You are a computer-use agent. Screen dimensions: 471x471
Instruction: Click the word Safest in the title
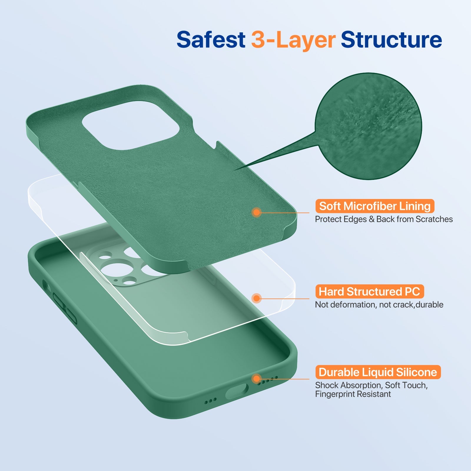point(211,40)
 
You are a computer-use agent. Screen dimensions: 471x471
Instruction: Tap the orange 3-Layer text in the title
point(293,40)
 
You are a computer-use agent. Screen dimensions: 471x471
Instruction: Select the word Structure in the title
point(391,40)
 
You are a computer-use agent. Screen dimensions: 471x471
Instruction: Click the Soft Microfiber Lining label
point(374,206)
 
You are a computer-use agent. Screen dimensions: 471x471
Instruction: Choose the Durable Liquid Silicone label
point(378,372)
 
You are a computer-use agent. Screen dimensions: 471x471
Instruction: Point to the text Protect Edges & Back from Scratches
point(384,219)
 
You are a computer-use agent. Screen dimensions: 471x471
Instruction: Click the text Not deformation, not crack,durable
point(379,305)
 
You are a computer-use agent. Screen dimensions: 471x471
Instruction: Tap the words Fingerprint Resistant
point(353,394)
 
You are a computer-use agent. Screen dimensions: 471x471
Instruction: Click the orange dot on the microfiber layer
point(257,212)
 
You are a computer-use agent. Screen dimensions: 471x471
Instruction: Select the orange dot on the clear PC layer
point(257,298)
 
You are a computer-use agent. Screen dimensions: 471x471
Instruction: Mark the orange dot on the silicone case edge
point(257,379)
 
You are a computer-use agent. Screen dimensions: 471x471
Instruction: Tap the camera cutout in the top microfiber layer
point(131,125)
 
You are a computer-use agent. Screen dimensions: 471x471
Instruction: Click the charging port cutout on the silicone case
point(237,392)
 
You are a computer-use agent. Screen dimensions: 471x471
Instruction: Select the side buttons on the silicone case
point(65,308)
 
